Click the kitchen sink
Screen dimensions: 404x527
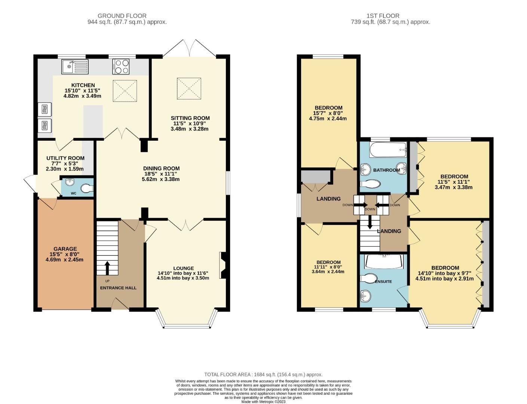(74, 67)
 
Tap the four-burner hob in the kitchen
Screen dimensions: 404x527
(121, 67)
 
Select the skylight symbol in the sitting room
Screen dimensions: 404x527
(189, 89)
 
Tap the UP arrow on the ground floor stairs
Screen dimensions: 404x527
(107, 267)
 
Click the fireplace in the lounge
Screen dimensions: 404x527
(223, 265)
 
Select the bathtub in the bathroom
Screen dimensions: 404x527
(388, 150)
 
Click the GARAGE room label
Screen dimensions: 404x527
(65, 249)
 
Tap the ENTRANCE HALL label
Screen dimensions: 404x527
(118, 288)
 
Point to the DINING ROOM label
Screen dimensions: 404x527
(162, 168)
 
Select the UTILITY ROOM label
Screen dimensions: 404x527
(65, 158)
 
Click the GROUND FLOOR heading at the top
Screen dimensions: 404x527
(122, 16)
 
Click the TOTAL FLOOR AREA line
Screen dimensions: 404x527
(263, 374)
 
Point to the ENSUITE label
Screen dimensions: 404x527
(383, 281)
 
